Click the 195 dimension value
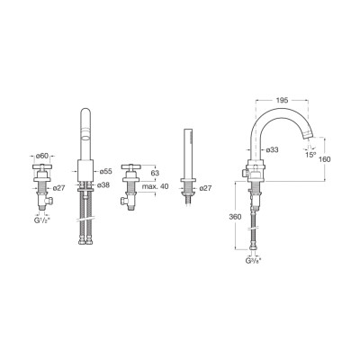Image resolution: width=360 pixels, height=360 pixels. pyautogui.click(x=282, y=100)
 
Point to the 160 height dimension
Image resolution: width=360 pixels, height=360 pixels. pyautogui.click(x=325, y=159)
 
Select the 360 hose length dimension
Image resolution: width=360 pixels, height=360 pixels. pyautogui.click(x=235, y=217)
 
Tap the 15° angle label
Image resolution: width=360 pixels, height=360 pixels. pyautogui.click(x=310, y=155)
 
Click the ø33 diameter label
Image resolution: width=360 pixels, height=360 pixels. pyautogui.click(x=272, y=149)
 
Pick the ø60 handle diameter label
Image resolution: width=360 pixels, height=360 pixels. pyautogui.click(x=42, y=156)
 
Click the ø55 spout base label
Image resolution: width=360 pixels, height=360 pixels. pyautogui.click(x=106, y=171)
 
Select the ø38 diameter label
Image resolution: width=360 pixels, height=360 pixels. pyautogui.click(x=103, y=185)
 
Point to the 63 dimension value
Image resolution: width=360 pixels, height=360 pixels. pyautogui.click(x=155, y=173)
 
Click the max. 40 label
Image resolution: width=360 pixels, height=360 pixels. pyautogui.click(x=155, y=186)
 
